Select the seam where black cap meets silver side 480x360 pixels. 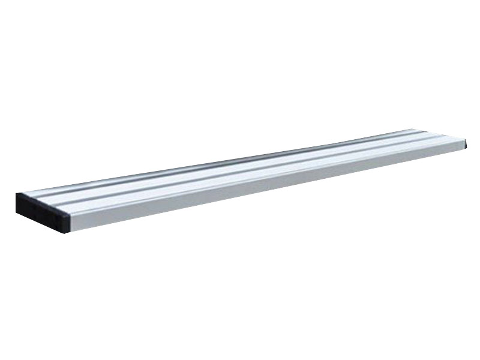click(x=70, y=223)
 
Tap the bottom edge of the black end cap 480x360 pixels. click(x=42, y=223)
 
